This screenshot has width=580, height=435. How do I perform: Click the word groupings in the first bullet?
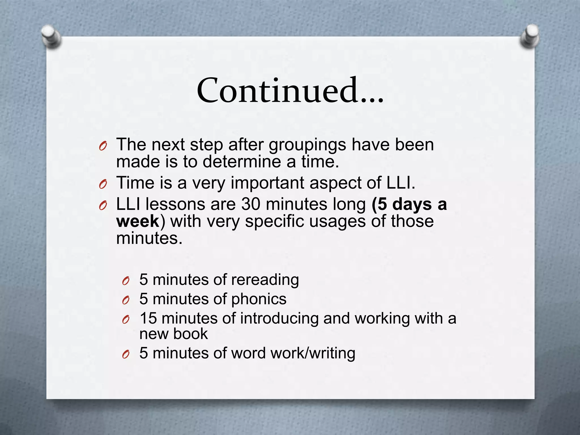pyautogui.click(x=307, y=145)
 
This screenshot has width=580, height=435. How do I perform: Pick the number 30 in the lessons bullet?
pyautogui.click(x=250, y=204)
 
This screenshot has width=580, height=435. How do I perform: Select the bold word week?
pyautogui.click(x=138, y=221)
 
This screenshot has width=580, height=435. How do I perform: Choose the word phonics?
pyautogui.click(x=259, y=299)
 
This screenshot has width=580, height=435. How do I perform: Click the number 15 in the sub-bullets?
pyautogui.click(x=148, y=318)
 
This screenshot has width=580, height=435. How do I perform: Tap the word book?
pyautogui.click(x=191, y=334)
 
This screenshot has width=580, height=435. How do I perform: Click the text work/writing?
pyautogui.click(x=313, y=353)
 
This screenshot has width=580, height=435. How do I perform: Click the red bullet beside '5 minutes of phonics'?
pyautogui.click(x=126, y=300)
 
